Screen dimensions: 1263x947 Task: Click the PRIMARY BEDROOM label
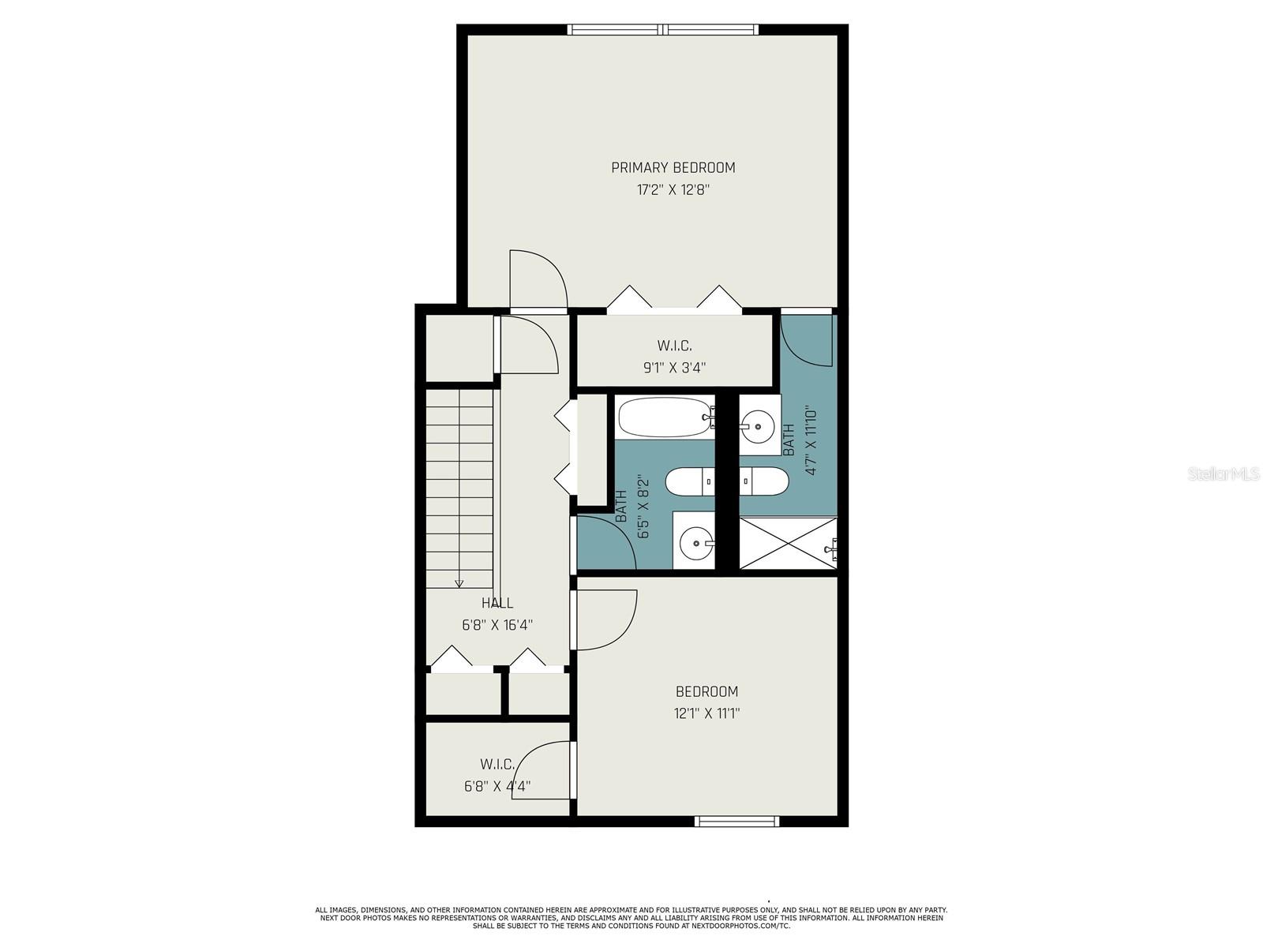click(673, 167)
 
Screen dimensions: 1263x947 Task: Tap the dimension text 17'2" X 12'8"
click(673, 189)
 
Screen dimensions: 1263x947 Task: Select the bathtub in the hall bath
click(665, 417)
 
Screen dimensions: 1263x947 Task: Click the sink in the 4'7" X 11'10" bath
click(757, 425)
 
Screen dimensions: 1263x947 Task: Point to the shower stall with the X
click(788, 544)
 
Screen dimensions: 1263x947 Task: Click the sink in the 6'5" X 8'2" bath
click(697, 542)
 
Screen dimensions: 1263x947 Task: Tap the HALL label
click(497, 603)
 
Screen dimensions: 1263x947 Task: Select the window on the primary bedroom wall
click(663, 29)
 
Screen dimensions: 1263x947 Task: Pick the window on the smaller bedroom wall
click(736, 821)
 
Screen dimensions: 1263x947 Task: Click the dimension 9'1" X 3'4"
click(674, 368)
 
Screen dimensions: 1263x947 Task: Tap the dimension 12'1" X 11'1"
click(706, 713)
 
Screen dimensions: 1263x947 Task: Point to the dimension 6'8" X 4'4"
click(497, 786)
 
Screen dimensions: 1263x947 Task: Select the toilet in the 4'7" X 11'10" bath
click(763, 481)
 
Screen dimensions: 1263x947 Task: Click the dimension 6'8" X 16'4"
click(498, 625)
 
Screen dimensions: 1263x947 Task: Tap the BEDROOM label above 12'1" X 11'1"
click(706, 691)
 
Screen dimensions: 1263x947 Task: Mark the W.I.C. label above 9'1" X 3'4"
click(674, 346)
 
